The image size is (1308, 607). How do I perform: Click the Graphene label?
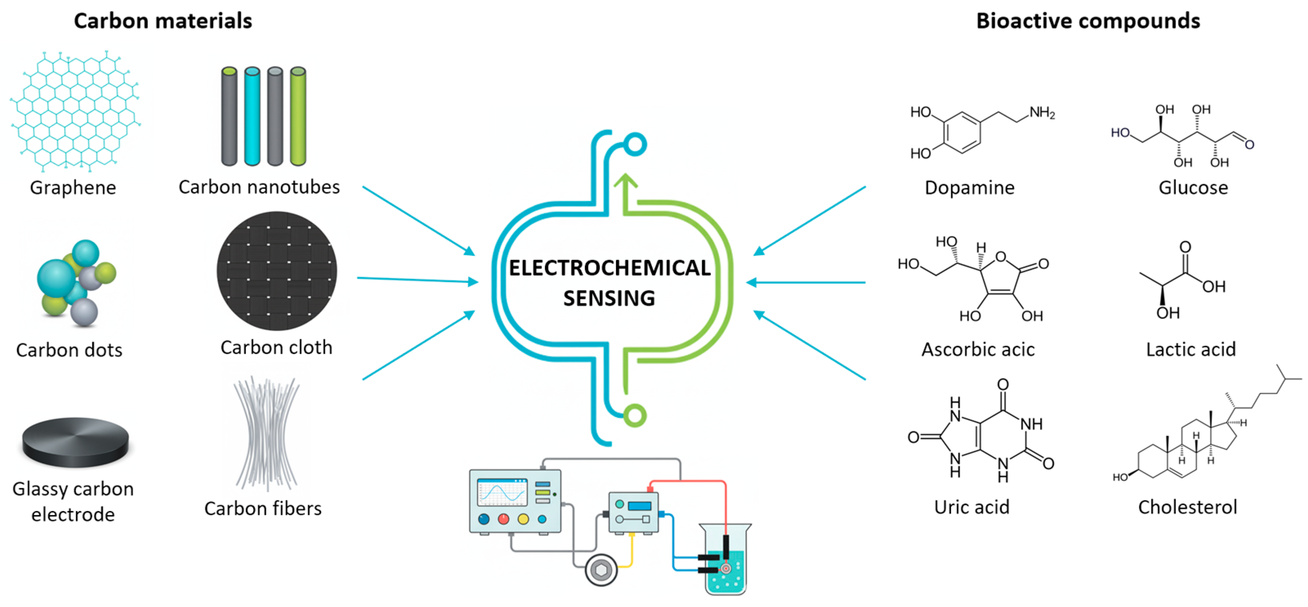pos(73,188)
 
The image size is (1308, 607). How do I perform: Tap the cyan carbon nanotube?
pos(252,116)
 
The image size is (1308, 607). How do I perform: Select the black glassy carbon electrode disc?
pos(75,442)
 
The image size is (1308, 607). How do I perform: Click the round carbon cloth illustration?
pos(277,271)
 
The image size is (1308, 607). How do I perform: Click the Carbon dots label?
pos(69,350)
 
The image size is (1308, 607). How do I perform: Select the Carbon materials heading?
pos(163,21)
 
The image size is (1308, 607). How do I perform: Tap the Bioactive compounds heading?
pos(1088,21)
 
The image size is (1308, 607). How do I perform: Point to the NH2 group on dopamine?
pos(1042,113)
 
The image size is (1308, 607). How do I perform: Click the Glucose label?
pos(1193,188)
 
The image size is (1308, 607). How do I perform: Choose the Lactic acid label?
pos(1191,349)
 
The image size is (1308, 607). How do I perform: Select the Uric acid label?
pos(971,507)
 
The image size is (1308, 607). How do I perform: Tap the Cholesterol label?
pos(1187,507)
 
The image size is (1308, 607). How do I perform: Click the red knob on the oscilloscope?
pos(503,519)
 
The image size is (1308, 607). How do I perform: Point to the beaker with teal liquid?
pos(725,564)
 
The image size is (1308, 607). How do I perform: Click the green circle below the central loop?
pos(635,416)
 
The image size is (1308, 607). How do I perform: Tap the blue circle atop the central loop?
pos(635,144)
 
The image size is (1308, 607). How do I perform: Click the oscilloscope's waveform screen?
pos(502,492)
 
